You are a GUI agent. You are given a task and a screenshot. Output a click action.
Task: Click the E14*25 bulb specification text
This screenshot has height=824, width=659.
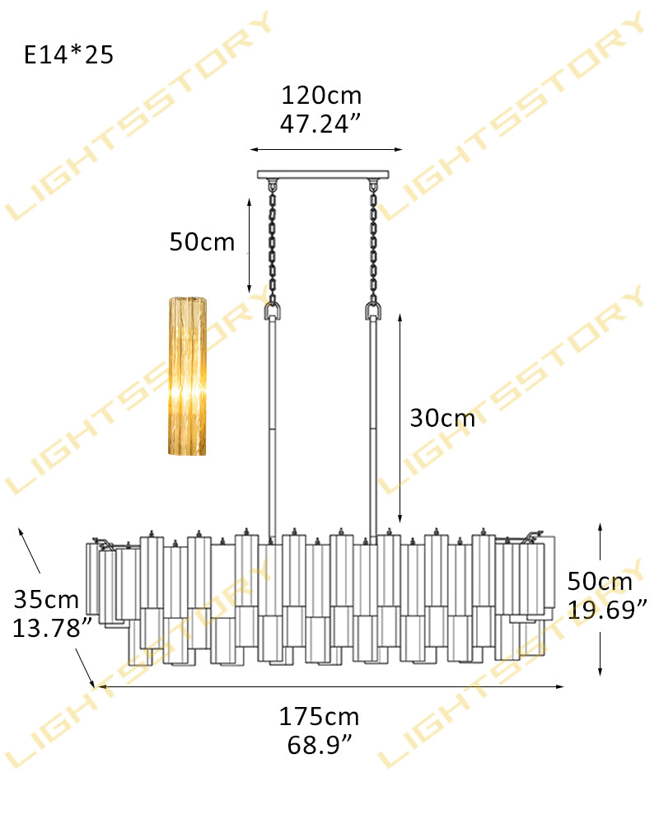point(68,55)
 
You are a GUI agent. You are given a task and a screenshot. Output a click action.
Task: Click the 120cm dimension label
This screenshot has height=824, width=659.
point(321,96)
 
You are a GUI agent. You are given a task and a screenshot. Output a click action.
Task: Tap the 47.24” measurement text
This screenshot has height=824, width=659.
point(321,124)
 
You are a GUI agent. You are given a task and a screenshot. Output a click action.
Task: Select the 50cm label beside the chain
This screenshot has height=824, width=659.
point(202,242)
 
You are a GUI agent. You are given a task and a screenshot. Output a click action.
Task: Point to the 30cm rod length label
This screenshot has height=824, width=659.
point(442,418)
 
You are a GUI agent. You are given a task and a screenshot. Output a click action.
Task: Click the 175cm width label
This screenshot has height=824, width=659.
point(319,717)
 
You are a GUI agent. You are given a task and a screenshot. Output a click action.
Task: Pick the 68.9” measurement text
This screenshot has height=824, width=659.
point(319,746)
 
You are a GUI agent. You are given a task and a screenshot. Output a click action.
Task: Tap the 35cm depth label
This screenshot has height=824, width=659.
point(46,599)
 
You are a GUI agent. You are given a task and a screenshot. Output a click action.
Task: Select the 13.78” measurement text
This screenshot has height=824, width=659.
point(51,628)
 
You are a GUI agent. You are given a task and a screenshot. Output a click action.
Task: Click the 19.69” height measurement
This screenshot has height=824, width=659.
point(606,610)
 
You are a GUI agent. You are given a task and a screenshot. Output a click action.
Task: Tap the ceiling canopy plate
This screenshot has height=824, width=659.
point(322,175)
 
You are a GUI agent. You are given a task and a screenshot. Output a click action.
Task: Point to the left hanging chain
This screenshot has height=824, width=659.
point(272,243)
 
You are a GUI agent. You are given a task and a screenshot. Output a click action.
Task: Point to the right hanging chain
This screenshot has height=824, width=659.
point(373,243)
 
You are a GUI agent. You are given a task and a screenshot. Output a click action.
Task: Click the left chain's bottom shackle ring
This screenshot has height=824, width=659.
point(272,311)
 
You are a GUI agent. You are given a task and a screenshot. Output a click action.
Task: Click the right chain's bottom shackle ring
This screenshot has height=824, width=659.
point(373,311)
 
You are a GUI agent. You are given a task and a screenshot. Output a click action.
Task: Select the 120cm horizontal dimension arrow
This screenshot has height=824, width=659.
point(326,150)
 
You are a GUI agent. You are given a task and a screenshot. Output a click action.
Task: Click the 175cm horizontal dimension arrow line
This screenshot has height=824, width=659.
point(329,686)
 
